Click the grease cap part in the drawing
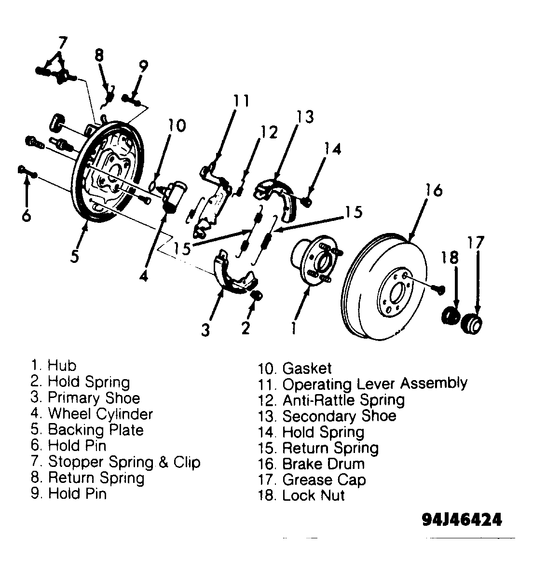pos(471,323)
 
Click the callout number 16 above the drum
pos(434,191)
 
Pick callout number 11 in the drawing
pos(242,100)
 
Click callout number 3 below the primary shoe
pos(205,329)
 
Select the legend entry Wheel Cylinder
pos(92,414)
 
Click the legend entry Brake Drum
pos(311,464)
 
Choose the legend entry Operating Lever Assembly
pos(363,384)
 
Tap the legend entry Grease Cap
pos(312,480)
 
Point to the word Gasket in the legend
pos(307,368)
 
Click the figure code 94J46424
pos(462,519)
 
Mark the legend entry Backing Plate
pos(87,430)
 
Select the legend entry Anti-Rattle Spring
pos(331,400)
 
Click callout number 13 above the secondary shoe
pos(305,117)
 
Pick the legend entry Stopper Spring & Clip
pos(115,462)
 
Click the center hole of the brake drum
pos(395,293)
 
